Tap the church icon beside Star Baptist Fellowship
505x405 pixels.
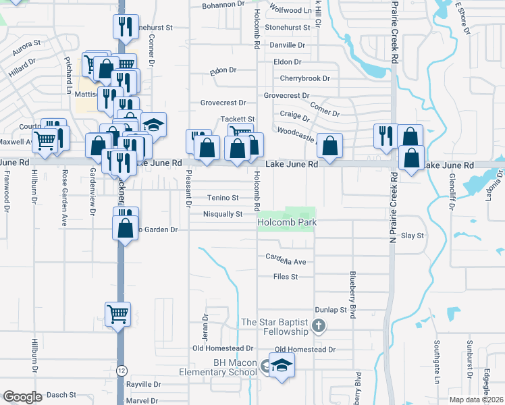(318, 328)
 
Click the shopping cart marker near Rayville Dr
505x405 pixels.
(117, 313)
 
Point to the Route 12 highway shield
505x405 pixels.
(122, 371)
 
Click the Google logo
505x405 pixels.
(23, 397)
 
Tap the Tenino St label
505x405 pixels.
(223, 198)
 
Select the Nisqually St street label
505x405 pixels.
(222, 214)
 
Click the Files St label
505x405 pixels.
(286, 277)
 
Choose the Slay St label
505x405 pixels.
(412, 236)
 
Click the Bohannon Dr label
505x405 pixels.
(223, 4)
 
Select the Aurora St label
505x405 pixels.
(27, 47)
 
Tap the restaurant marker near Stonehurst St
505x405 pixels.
(125, 26)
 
